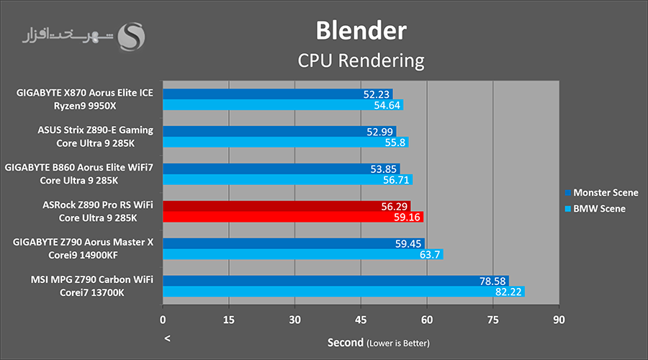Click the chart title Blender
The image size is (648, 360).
tap(361, 30)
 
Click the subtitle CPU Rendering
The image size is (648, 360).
tap(361, 60)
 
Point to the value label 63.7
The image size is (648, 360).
tap(431, 254)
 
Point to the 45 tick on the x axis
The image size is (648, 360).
tap(361, 318)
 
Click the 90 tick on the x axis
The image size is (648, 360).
tap(559, 318)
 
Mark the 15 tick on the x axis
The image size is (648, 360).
tap(229, 318)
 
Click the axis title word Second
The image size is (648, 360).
tap(345, 342)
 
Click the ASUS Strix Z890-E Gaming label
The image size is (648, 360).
tap(95, 130)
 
